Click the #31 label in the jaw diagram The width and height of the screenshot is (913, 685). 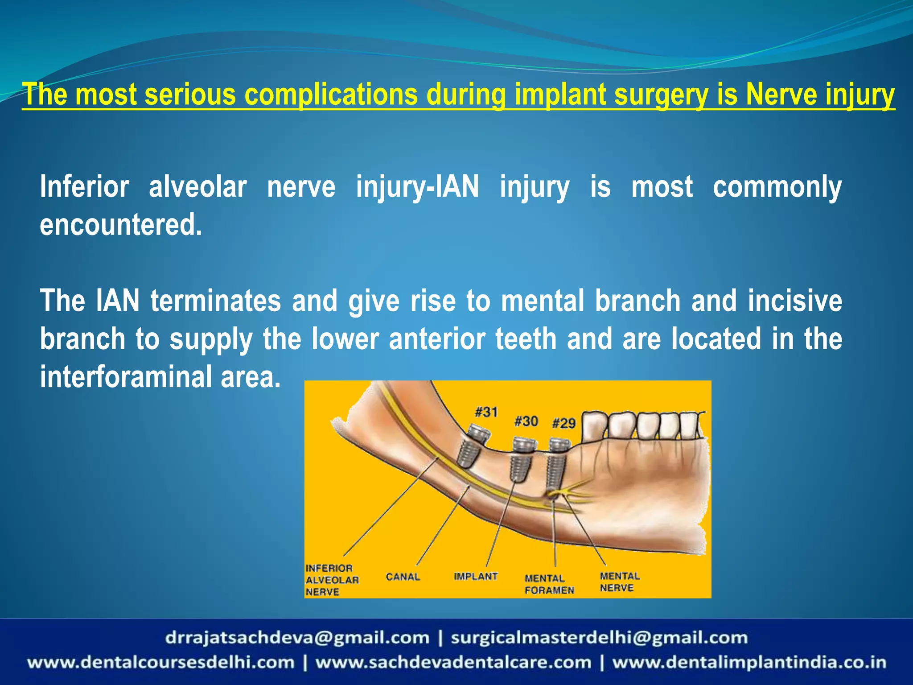coord(486,412)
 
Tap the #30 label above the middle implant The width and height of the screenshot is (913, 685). coord(526,421)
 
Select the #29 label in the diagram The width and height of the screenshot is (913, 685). coord(563,423)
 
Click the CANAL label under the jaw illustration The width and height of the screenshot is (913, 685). coord(403,577)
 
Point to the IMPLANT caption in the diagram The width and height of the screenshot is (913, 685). coord(476,576)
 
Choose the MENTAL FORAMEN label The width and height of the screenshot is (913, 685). coord(549,584)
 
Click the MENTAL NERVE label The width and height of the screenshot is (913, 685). coord(620,582)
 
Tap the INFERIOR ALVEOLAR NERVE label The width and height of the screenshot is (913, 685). coord(332,580)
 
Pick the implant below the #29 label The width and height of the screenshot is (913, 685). coord(557,466)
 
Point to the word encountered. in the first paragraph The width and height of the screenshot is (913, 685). coord(121,224)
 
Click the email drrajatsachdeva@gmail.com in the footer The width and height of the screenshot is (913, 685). coord(297,638)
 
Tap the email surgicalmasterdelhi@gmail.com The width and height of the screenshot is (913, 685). coord(599,638)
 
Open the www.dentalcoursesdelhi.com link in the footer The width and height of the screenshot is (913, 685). coord(160,662)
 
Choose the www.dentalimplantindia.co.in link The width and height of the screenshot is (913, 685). coord(749,662)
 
